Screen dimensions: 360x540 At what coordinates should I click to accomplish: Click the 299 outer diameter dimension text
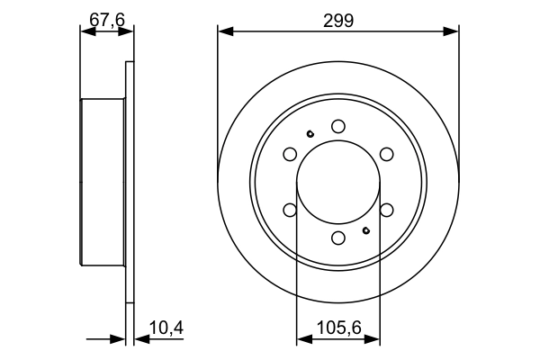(x=338, y=18)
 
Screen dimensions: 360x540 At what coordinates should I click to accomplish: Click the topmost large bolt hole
(x=338, y=126)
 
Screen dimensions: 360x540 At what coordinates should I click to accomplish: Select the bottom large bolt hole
(x=338, y=238)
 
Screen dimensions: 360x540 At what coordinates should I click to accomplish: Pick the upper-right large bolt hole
(x=387, y=154)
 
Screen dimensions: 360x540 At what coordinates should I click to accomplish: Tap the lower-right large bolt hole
(x=387, y=210)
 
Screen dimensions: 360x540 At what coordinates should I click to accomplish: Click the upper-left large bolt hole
(x=290, y=154)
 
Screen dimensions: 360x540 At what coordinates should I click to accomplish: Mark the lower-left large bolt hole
(x=290, y=210)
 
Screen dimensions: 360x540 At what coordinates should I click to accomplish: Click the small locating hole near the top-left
(x=310, y=135)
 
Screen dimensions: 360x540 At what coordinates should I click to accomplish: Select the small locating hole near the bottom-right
(x=366, y=229)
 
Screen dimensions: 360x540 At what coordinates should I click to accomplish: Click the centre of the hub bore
(x=338, y=182)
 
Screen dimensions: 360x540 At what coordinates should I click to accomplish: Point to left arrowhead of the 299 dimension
(x=224, y=31)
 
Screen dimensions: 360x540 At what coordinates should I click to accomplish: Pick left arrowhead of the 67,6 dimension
(x=86, y=31)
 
